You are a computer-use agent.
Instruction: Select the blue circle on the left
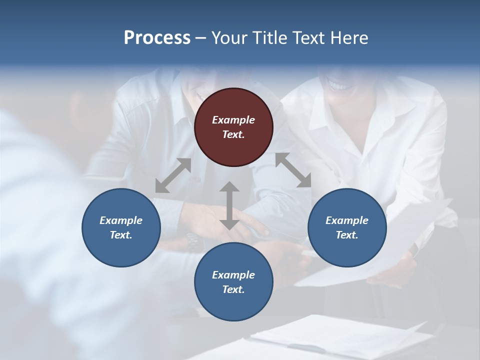point(121,227)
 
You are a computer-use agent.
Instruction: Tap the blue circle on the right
point(347,227)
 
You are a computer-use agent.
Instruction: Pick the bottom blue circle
point(233,282)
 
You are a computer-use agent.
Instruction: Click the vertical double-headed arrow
point(229,205)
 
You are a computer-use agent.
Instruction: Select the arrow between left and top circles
point(173,175)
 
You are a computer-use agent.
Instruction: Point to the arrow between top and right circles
point(293,170)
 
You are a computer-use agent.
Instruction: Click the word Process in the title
point(157,38)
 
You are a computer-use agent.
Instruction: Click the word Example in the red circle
point(233,120)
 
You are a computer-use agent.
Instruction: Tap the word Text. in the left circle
point(121,235)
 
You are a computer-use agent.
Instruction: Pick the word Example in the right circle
point(347,220)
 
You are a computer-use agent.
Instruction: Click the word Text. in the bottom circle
point(233,289)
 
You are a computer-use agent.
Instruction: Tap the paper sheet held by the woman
point(380,250)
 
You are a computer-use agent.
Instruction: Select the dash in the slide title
point(201,38)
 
